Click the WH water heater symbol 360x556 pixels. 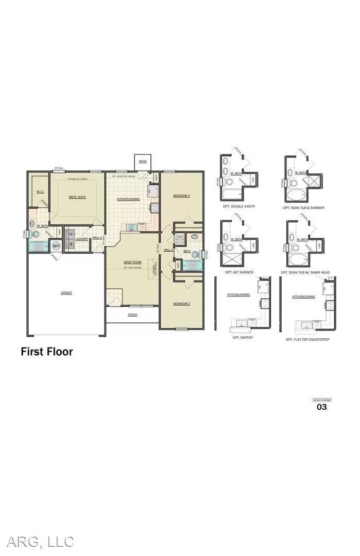pyautogui.click(x=56, y=246)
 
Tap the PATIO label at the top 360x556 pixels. pyautogui.click(x=142, y=161)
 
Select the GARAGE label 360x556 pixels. pyautogui.click(x=66, y=292)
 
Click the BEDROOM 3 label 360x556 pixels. pyautogui.click(x=181, y=196)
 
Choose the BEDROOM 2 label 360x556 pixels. pyautogui.click(x=181, y=303)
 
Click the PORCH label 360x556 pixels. pyautogui.click(x=133, y=315)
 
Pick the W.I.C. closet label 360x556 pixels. pyautogui.click(x=40, y=192)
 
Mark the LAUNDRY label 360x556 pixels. pyautogui.click(x=81, y=238)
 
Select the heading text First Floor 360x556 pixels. pyautogui.click(x=46, y=352)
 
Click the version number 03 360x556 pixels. pyautogui.click(x=321, y=407)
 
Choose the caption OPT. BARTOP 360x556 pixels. pyautogui.click(x=242, y=337)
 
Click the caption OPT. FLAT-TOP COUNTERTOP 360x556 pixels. pyautogui.click(x=307, y=340)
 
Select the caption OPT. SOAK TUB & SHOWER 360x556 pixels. pyautogui.click(x=303, y=207)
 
